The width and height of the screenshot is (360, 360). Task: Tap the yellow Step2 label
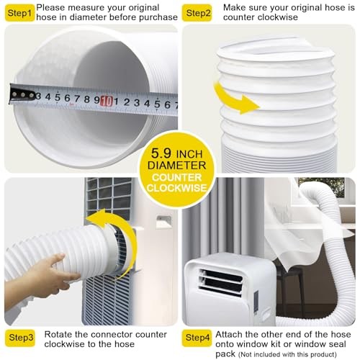tap(198, 13)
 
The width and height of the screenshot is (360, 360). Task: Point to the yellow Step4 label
tap(198, 336)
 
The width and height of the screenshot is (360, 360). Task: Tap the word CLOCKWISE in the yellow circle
tap(180, 189)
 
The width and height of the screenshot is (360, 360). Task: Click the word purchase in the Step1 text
tap(158, 17)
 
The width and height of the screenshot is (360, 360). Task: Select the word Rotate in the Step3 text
tap(61, 333)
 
